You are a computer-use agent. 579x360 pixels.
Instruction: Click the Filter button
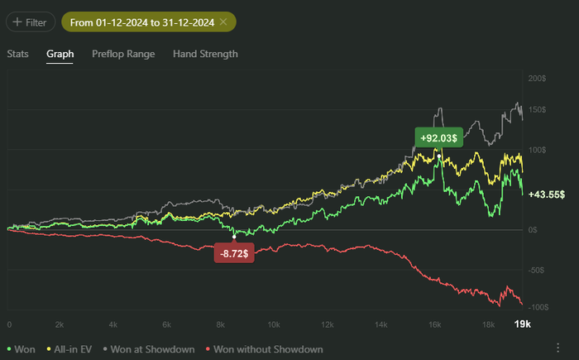31,22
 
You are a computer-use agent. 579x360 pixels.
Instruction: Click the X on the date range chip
223,22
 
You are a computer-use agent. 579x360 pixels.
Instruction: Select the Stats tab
18,54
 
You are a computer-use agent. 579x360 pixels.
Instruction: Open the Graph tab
60,54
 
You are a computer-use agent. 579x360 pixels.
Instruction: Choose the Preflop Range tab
122,54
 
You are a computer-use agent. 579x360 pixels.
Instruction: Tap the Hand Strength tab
205,54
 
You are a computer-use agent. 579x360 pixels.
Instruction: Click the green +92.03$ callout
438,138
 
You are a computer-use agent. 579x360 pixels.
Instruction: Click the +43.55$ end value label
546,194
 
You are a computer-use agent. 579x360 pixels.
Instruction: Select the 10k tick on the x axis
273,324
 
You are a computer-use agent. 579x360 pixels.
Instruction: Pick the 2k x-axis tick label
60,324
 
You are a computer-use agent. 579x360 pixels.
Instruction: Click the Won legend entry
22,349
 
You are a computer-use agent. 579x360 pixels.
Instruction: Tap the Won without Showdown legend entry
265,349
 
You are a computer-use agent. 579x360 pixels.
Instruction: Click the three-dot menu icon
558,348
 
